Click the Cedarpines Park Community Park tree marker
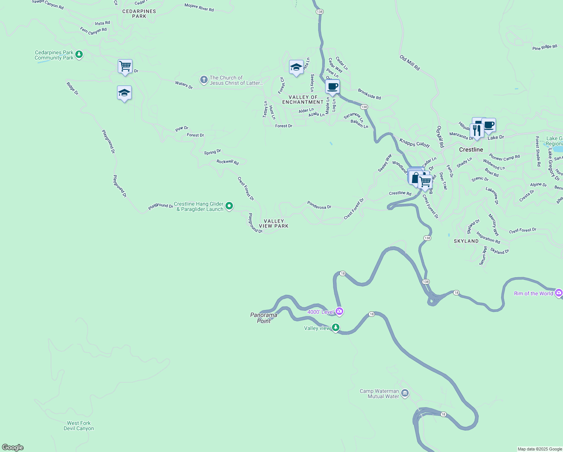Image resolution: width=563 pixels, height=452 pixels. pyautogui.click(x=79, y=55)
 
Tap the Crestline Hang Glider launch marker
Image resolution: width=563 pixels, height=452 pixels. pyautogui.click(x=229, y=206)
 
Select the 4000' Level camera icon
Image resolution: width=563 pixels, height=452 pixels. pyautogui.click(x=339, y=312)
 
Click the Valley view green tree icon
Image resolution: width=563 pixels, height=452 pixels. pyautogui.click(x=336, y=328)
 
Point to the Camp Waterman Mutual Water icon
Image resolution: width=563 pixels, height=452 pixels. pyautogui.click(x=405, y=394)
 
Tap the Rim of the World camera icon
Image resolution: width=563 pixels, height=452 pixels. pyautogui.click(x=558, y=293)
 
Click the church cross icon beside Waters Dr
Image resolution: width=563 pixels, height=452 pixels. pyautogui.click(x=204, y=80)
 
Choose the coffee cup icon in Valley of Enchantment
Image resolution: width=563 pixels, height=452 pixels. pyautogui.click(x=332, y=87)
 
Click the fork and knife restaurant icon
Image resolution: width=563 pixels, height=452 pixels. pyautogui.click(x=477, y=130)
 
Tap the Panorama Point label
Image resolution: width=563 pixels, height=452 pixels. pyautogui.click(x=264, y=318)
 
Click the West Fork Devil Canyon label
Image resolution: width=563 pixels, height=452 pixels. pyautogui.click(x=79, y=426)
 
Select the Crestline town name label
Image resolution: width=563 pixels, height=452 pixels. pyautogui.click(x=471, y=150)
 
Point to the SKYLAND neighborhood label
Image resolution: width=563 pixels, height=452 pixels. pyautogui.click(x=466, y=241)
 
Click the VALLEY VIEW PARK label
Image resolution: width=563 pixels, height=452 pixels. pyautogui.click(x=274, y=224)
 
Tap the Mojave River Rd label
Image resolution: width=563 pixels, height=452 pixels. pyautogui.click(x=199, y=7)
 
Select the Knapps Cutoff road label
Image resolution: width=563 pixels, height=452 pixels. pyautogui.click(x=414, y=143)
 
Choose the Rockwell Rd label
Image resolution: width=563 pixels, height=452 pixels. pyautogui.click(x=227, y=162)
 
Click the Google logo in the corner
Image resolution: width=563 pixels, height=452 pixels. pyautogui.click(x=13, y=447)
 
